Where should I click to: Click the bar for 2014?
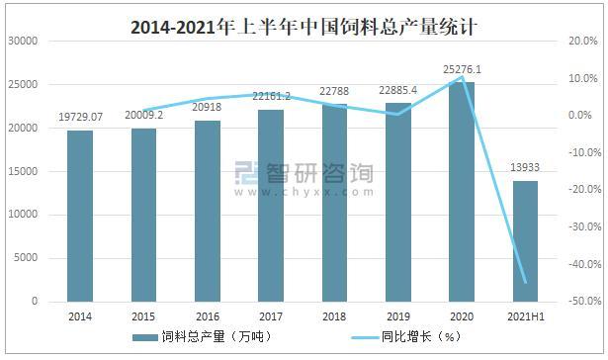[x=80, y=216]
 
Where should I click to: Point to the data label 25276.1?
[x=462, y=69]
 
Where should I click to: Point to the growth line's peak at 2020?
[x=462, y=77]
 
